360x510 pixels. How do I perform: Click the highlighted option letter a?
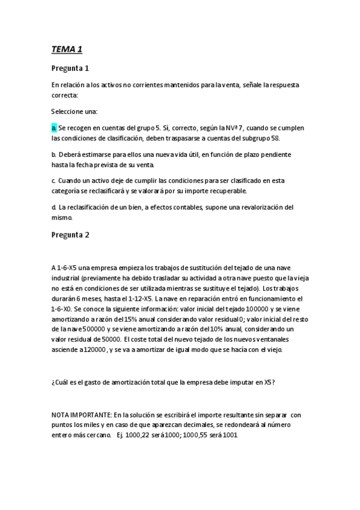click(x=53, y=128)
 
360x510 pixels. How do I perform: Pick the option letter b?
click(x=53, y=155)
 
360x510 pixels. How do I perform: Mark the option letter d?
click(x=53, y=207)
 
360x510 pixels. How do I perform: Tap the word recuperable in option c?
click(x=227, y=191)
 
